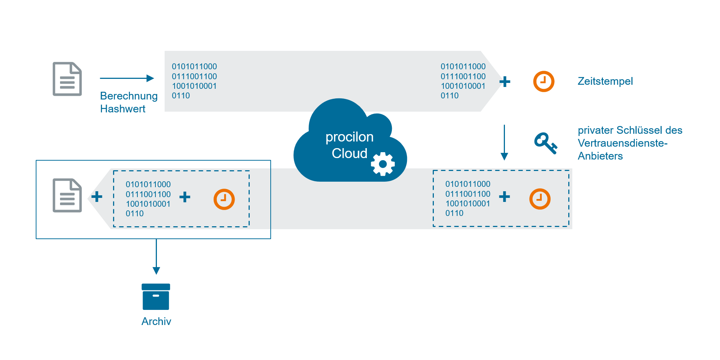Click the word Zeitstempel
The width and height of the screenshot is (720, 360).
(605, 81)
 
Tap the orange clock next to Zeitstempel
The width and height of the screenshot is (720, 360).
(544, 81)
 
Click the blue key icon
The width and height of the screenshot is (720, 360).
(545, 143)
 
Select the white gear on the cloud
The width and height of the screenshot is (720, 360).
(383, 164)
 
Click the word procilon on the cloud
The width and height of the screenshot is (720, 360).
(349, 137)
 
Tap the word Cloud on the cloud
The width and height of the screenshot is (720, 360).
(349, 153)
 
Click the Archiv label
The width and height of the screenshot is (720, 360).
(156, 321)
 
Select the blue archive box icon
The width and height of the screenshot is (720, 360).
(156, 297)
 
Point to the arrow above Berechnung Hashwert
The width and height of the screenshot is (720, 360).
(127, 78)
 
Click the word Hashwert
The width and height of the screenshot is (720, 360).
(123, 109)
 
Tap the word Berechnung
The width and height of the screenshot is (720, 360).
(129, 96)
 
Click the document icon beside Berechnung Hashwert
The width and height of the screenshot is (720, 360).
(67, 79)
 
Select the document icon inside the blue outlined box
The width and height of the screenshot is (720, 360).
(67, 195)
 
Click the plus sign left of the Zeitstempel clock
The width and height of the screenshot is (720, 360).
(505, 81)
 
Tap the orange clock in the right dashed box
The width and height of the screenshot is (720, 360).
(540, 199)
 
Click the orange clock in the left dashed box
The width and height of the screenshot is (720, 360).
(224, 199)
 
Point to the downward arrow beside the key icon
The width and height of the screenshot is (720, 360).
(504, 142)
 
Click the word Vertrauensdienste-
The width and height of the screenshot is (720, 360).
(622, 143)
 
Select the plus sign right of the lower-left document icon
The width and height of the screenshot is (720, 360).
(97, 196)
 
